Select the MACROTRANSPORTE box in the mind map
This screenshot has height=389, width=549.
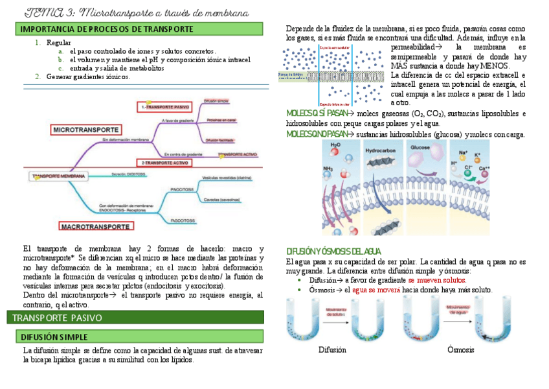pyautogui.click(x=95, y=227)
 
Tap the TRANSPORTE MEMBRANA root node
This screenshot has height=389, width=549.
pyautogui.click(x=57, y=176)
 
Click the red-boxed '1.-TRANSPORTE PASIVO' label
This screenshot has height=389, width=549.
pyautogui.click(x=166, y=106)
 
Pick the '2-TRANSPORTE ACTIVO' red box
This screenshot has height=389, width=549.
pyautogui.click(x=162, y=161)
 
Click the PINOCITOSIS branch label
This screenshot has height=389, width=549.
pyautogui.click(x=182, y=191)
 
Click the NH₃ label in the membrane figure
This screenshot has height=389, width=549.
pyautogui.click(x=329, y=169)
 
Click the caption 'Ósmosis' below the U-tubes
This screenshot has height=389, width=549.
pyautogui.click(x=460, y=350)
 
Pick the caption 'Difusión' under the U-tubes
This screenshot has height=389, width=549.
pyautogui.click(x=332, y=350)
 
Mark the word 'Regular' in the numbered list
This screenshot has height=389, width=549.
pyautogui.click(x=59, y=42)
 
